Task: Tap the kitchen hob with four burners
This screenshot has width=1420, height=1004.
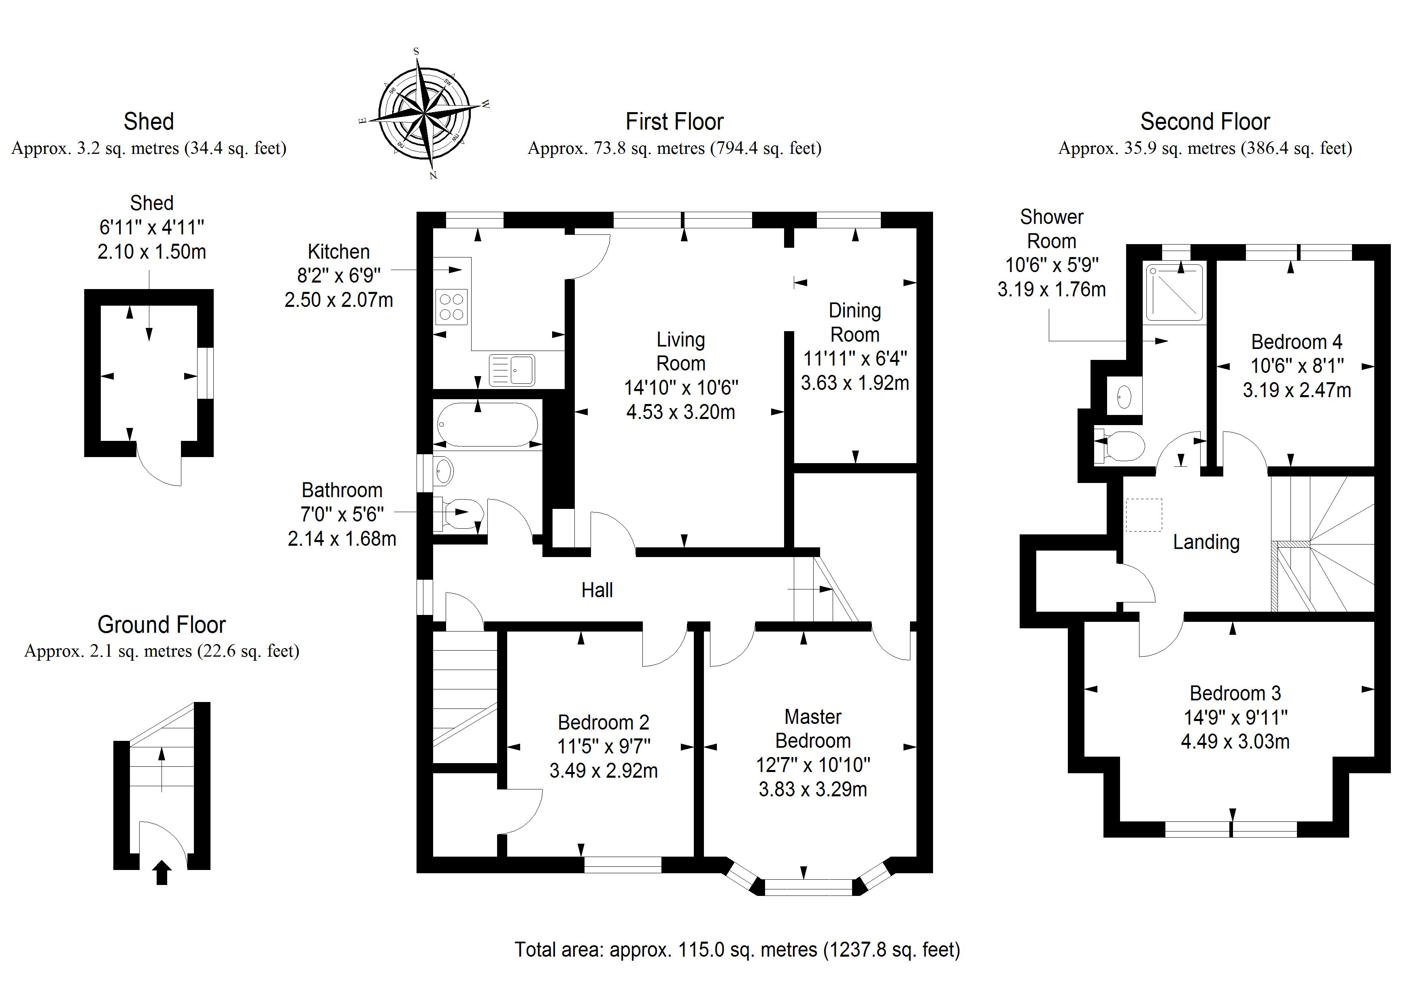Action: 451,307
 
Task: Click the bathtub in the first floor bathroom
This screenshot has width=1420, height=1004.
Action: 487,424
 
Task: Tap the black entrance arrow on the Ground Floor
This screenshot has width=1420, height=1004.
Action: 162,872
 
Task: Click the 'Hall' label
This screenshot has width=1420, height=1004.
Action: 597,590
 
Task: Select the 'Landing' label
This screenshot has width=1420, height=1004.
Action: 1206,542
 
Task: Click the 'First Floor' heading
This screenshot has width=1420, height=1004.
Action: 674,122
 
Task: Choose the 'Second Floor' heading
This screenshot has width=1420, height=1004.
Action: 1205,122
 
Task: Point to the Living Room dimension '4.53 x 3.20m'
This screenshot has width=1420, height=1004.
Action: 680,412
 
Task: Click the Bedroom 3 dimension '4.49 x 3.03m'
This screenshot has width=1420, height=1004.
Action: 1235,741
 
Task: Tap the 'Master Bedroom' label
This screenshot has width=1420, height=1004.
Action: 813,729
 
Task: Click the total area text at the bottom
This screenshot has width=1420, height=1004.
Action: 737,950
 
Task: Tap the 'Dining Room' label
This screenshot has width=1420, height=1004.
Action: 855,322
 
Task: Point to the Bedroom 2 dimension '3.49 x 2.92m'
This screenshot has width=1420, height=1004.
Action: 603,771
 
